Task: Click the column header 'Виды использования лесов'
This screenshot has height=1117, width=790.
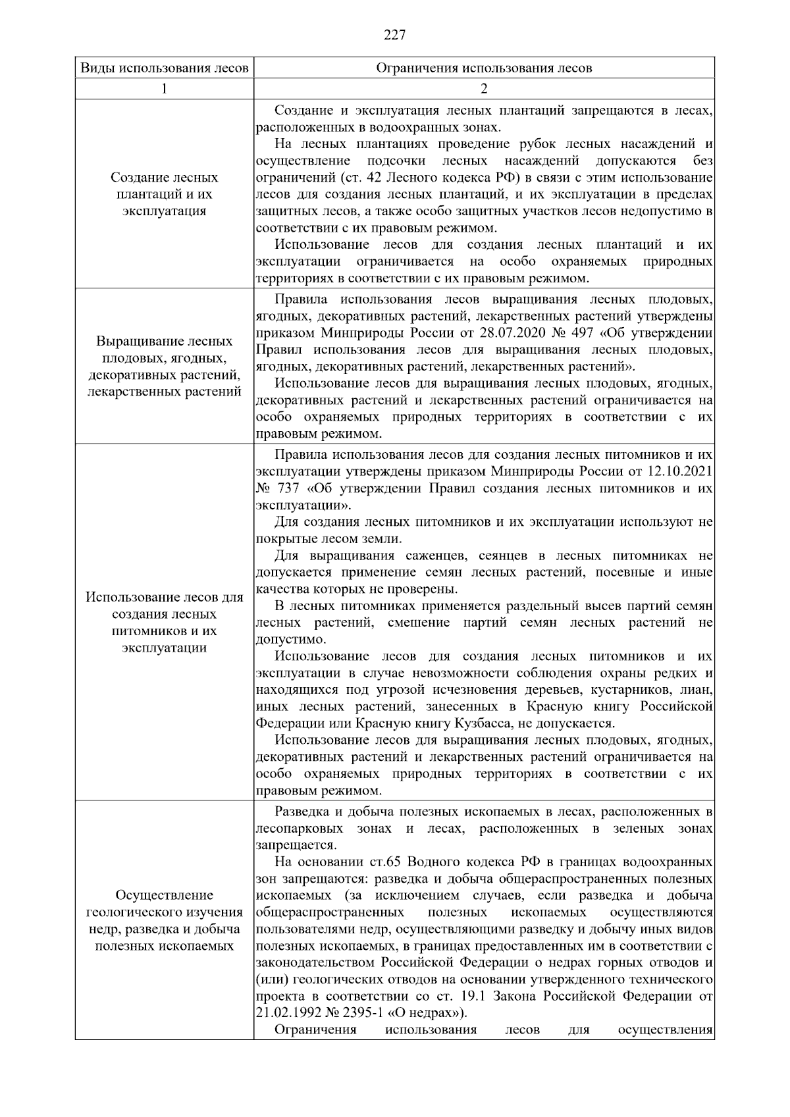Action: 164,68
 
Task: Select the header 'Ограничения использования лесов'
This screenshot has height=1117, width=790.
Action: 484,68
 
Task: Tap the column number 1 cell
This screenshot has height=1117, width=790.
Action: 164,88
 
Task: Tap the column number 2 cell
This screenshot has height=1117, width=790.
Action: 484,88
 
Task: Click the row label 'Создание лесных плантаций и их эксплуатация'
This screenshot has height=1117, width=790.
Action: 164,194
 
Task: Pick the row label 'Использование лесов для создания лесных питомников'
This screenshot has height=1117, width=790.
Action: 164,622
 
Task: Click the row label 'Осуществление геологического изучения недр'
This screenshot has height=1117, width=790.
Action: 164,920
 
